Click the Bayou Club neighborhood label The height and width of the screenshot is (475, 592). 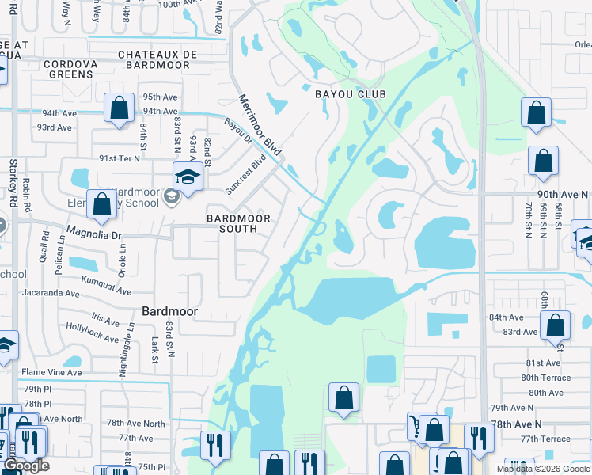click(351, 94)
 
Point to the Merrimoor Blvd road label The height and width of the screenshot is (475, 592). click(261, 124)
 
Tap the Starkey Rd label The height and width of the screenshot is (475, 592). click(13, 191)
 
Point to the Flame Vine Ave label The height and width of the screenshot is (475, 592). click(51, 372)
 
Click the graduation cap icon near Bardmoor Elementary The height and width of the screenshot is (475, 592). click(188, 177)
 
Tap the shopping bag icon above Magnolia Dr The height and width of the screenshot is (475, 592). click(102, 205)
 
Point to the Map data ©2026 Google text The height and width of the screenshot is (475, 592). click(544, 469)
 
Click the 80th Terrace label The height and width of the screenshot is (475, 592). click(545, 378)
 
